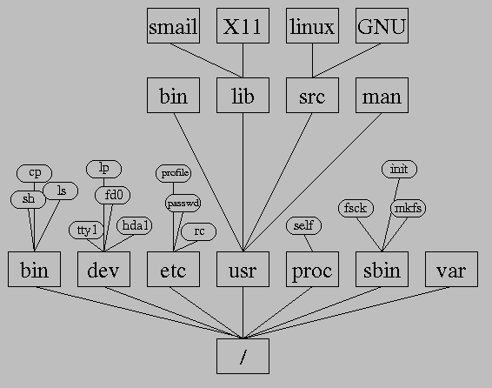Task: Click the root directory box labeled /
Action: (x=243, y=356)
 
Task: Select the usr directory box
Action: (x=243, y=269)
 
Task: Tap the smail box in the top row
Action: (x=173, y=26)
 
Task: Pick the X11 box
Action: (x=243, y=26)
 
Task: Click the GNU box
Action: (x=382, y=26)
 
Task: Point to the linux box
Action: (x=312, y=26)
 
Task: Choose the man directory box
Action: (x=382, y=95)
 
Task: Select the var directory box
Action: (x=451, y=269)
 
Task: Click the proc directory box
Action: (x=312, y=269)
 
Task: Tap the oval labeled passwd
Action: (x=183, y=203)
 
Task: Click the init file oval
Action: (x=399, y=169)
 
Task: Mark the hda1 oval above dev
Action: (x=134, y=225)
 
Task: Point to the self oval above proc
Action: (x=303, y=225)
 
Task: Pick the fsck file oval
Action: (x=356, y=208)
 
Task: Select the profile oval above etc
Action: (x=173, y=173)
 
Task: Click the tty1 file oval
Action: (x=86, y=230)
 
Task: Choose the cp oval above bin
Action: (x=34, y=173)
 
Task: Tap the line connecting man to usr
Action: (x=312, y=182)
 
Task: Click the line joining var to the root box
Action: (x=347, y=312)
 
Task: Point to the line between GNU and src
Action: (x=347, y=61)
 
